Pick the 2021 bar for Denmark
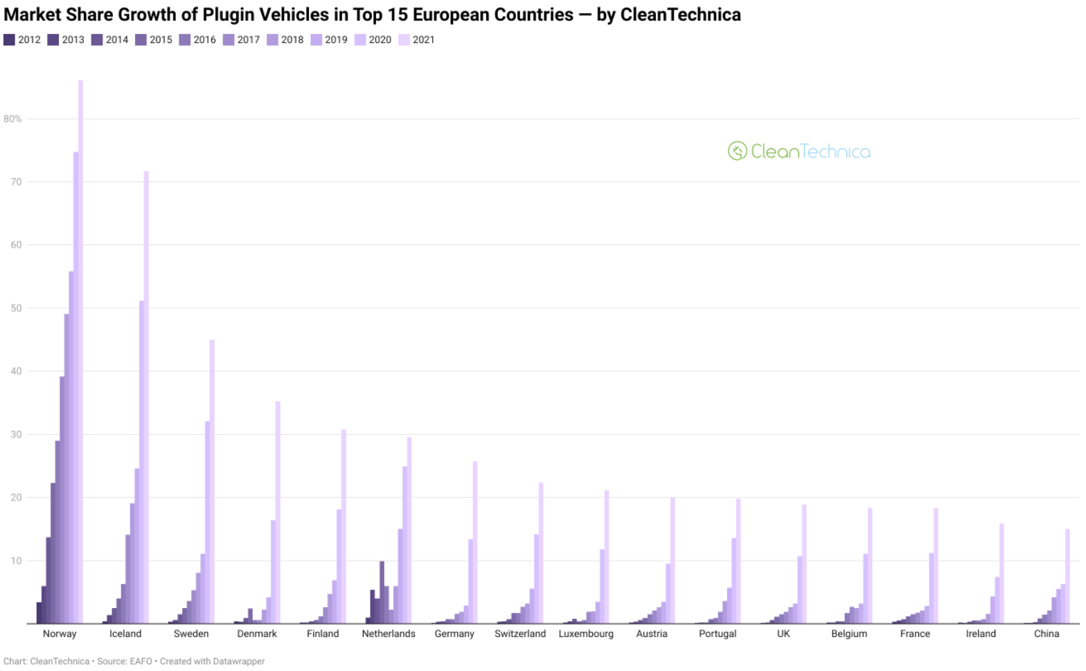tap(278, 512)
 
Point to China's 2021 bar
tap(1067, 576)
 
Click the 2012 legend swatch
tap(9, 39)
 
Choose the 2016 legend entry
tap(197, 39)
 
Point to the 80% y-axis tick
tap(12, 119)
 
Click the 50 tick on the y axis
tap(16, 308)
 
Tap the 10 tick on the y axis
tap(16, 561)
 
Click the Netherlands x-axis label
tap(389, 634)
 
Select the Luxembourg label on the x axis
tap(586, 634)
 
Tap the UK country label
tap(783, 634)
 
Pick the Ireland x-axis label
tap(981, 634)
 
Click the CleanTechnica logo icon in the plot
tap(737, 151)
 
